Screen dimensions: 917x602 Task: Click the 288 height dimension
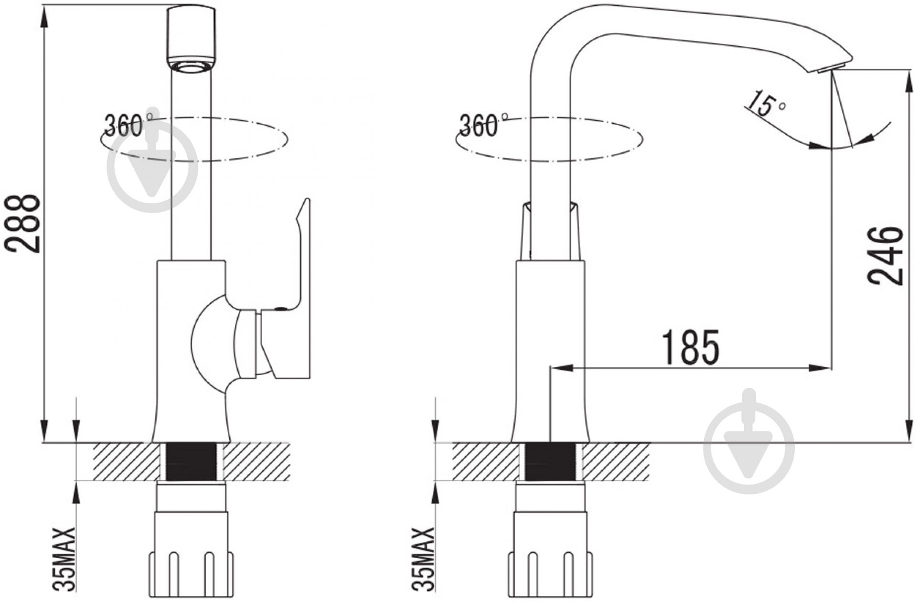tap(22, 223)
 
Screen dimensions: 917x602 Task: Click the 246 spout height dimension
tap(886, 256)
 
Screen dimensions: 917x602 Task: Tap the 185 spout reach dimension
tap(690, 347)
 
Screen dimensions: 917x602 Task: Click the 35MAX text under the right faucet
tap(423, 559)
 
